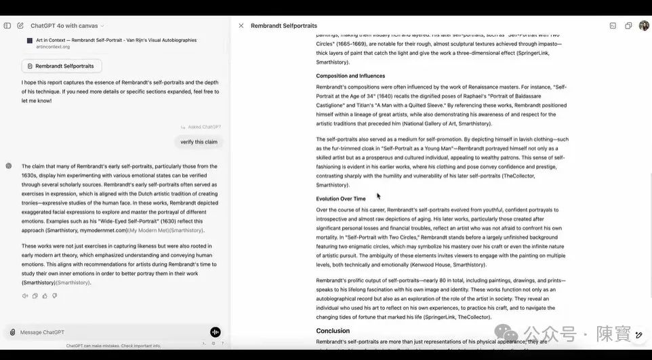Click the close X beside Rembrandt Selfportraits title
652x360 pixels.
pos(241,26)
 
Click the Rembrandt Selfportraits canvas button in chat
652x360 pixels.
pos(62,66)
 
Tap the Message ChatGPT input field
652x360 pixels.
pos(108,332)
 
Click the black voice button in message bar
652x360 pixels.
pos(216,332)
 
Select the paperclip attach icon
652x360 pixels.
pos(12,332)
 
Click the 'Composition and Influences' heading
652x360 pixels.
pos(350,76)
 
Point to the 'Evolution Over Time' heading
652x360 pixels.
pos(341,199)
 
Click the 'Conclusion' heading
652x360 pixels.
pos(333,331)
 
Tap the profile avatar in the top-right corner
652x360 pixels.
pos(643,26)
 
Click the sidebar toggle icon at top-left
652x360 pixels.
pos(7,26)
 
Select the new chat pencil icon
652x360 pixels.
pos(20,26)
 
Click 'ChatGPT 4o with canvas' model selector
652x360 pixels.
pos(67,26)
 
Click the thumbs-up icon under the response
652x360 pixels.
pos(45,296)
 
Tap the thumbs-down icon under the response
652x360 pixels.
pos(54,296)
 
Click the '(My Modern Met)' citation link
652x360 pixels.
pos(148,231)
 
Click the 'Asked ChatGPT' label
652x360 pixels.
pos(204,127)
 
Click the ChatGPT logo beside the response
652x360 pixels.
pos(8,165)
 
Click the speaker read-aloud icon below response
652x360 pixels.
pos(25,296)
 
